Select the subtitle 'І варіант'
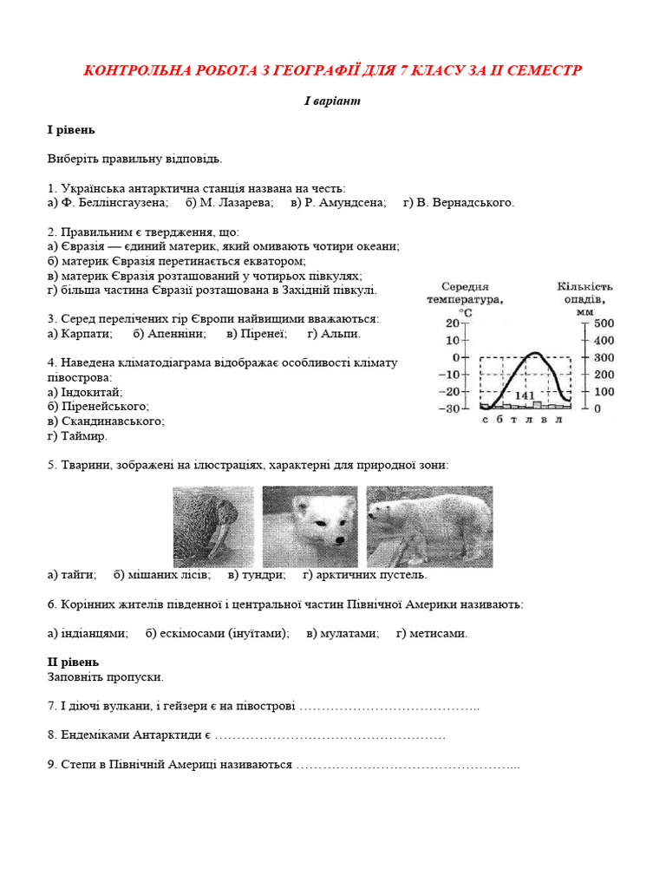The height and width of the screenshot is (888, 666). pos(332,101)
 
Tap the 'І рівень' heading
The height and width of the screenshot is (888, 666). pos(71,130)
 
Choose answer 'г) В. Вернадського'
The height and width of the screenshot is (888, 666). pos(459,203)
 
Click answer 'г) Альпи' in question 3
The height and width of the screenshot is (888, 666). pos(334,333)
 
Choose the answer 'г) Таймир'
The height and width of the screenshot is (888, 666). pos(78,436)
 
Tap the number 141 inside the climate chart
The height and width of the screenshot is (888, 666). pos(525,395)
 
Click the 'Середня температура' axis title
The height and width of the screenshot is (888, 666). pos(465,293)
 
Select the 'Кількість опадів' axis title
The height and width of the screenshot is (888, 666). pos(584,292)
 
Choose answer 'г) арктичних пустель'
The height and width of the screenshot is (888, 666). pos(364,575)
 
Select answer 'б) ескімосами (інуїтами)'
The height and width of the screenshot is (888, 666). pos(218,634)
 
